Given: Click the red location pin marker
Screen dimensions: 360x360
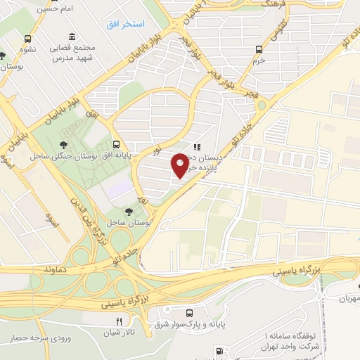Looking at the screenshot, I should point(180,165).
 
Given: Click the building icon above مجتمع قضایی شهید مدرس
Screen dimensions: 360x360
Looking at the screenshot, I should point(72,37).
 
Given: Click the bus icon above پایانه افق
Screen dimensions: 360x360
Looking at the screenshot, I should point(115,140).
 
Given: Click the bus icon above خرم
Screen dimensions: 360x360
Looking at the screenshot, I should point(259,49).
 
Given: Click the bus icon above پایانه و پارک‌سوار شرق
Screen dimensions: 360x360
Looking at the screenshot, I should point(188,313).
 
